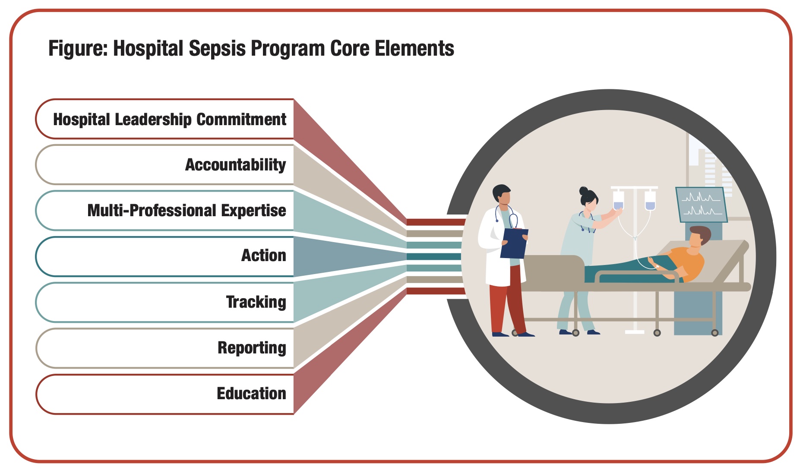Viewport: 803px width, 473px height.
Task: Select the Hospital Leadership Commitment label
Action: (170, 120)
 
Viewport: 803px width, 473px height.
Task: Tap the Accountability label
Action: (236, 165)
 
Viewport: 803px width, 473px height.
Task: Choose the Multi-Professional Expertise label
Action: (187, 211)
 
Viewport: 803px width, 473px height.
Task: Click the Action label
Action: (264, 255)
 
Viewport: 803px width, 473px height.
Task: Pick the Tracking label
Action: (256, 302)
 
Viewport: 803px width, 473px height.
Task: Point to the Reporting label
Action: (252, 348)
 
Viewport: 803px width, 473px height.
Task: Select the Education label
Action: (252, 394)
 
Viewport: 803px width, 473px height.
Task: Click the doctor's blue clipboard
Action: (514, 243)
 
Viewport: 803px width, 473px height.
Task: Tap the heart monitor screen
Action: (701, 205)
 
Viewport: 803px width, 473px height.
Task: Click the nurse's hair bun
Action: (584, 190)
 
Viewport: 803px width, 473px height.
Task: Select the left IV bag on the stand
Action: (619, 200)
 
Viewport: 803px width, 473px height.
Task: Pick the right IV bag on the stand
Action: (650, 200)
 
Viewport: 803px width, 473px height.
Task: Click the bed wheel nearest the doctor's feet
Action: (515, 333)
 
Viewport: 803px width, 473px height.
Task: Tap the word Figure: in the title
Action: (78, 49)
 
